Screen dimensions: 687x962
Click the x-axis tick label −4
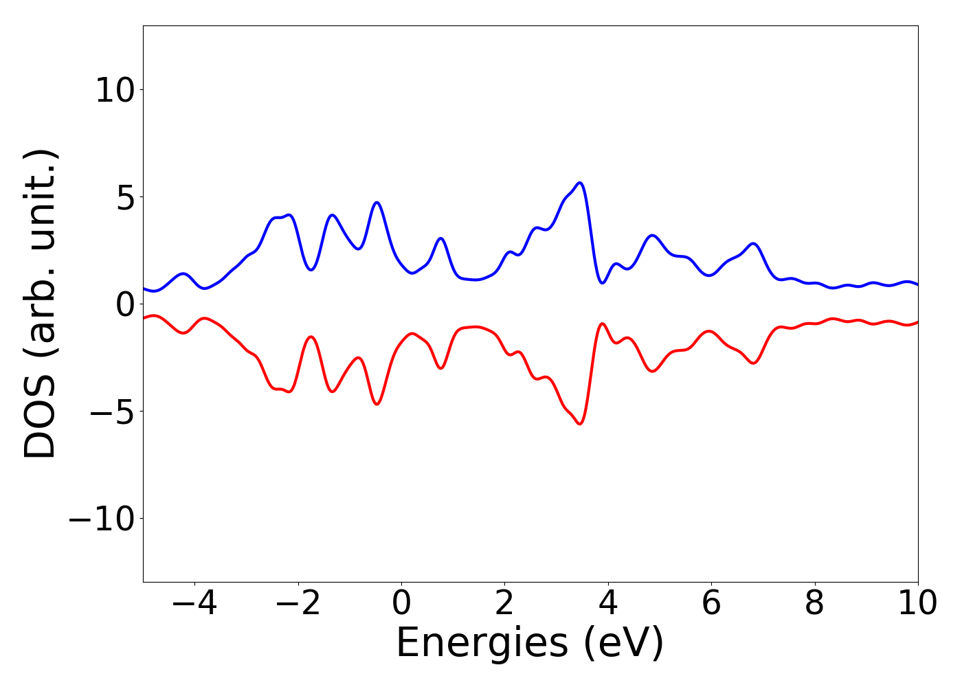pos(194,603)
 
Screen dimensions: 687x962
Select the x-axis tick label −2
pos(298,603)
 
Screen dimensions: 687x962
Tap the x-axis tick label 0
pos(401,603)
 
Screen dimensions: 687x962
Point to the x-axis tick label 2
pos(505,603)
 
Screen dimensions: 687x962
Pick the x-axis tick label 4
pos(608,603)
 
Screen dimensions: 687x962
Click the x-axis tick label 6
pos(711,603)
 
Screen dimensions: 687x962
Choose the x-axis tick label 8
pos(815,603)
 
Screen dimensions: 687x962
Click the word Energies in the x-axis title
pos(482,644)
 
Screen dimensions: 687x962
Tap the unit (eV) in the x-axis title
pos(624,644)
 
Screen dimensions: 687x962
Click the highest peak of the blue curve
pos(580,183)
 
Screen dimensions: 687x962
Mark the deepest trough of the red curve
pos(580,424)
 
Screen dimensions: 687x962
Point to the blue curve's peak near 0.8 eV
pos(441,238)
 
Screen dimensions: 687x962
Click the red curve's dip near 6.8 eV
pos(754,363)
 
